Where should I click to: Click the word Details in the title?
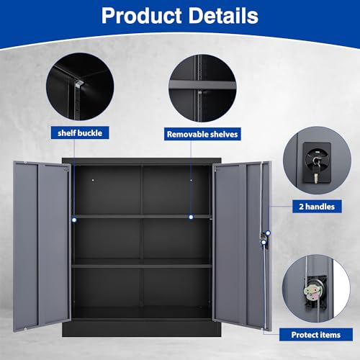pyautogui.click(x=224, y=16)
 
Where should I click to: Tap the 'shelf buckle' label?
pyautogui.click(x=80, y=132)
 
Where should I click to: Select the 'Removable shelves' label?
pyautogui.click(x=202, y=134)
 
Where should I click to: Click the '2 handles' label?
pyautogui.click(x=317, y=207)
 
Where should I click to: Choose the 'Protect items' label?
pyautogui.click(x=316, y=335)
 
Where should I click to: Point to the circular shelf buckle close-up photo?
pyautogui.click(x=80, y=86)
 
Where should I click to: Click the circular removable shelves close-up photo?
pyautogui.click(x=202, y=88)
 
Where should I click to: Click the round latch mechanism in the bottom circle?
pyautogui.click(x=312, y=291)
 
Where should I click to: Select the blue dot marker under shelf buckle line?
pyautogui.click(x=74, y=220)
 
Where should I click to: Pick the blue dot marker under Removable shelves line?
pyautogui.click(x=191, y=217)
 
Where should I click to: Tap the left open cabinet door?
pyautogui.click(x=42, y=246)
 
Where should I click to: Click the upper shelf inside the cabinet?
pyautogui.click(x=142, y=217)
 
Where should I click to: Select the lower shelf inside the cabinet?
pyautogui.click(x=142, y=266)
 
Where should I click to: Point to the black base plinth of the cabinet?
pyautogui.click(x=142, y=328)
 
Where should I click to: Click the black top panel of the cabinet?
pyautogui.click(x=142, y=161)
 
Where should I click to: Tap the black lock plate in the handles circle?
pyautogui.click(x=317, y=163)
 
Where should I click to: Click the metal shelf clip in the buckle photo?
pyautogui.click(x=79, y=84)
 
